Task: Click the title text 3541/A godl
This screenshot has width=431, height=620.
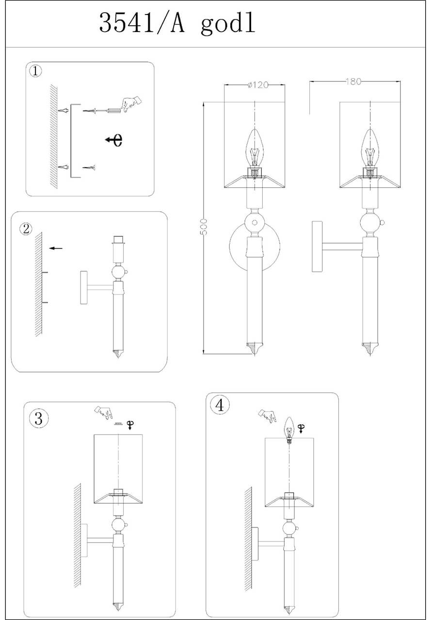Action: (x=177, y=23)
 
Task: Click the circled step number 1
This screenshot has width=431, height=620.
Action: (x=36, y=71)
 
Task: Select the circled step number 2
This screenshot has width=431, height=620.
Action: (x=26, y=229)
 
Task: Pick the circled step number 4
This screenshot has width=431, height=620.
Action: (x=220, y=404)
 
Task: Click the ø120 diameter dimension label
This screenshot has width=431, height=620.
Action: (x=257, y=85)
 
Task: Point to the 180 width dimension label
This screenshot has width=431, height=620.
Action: (x=353, y=81)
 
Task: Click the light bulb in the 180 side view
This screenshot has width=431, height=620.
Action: (x=370, y=148)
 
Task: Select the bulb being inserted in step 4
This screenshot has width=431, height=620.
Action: (x=289, y=430)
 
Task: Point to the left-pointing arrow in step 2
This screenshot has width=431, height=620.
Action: (x=56, y=248)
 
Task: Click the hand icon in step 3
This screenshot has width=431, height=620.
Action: (x=103, y=412)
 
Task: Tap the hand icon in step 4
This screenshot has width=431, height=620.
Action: (x=268, y=415)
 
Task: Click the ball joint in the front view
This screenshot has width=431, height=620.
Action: (x=254, y=223)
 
